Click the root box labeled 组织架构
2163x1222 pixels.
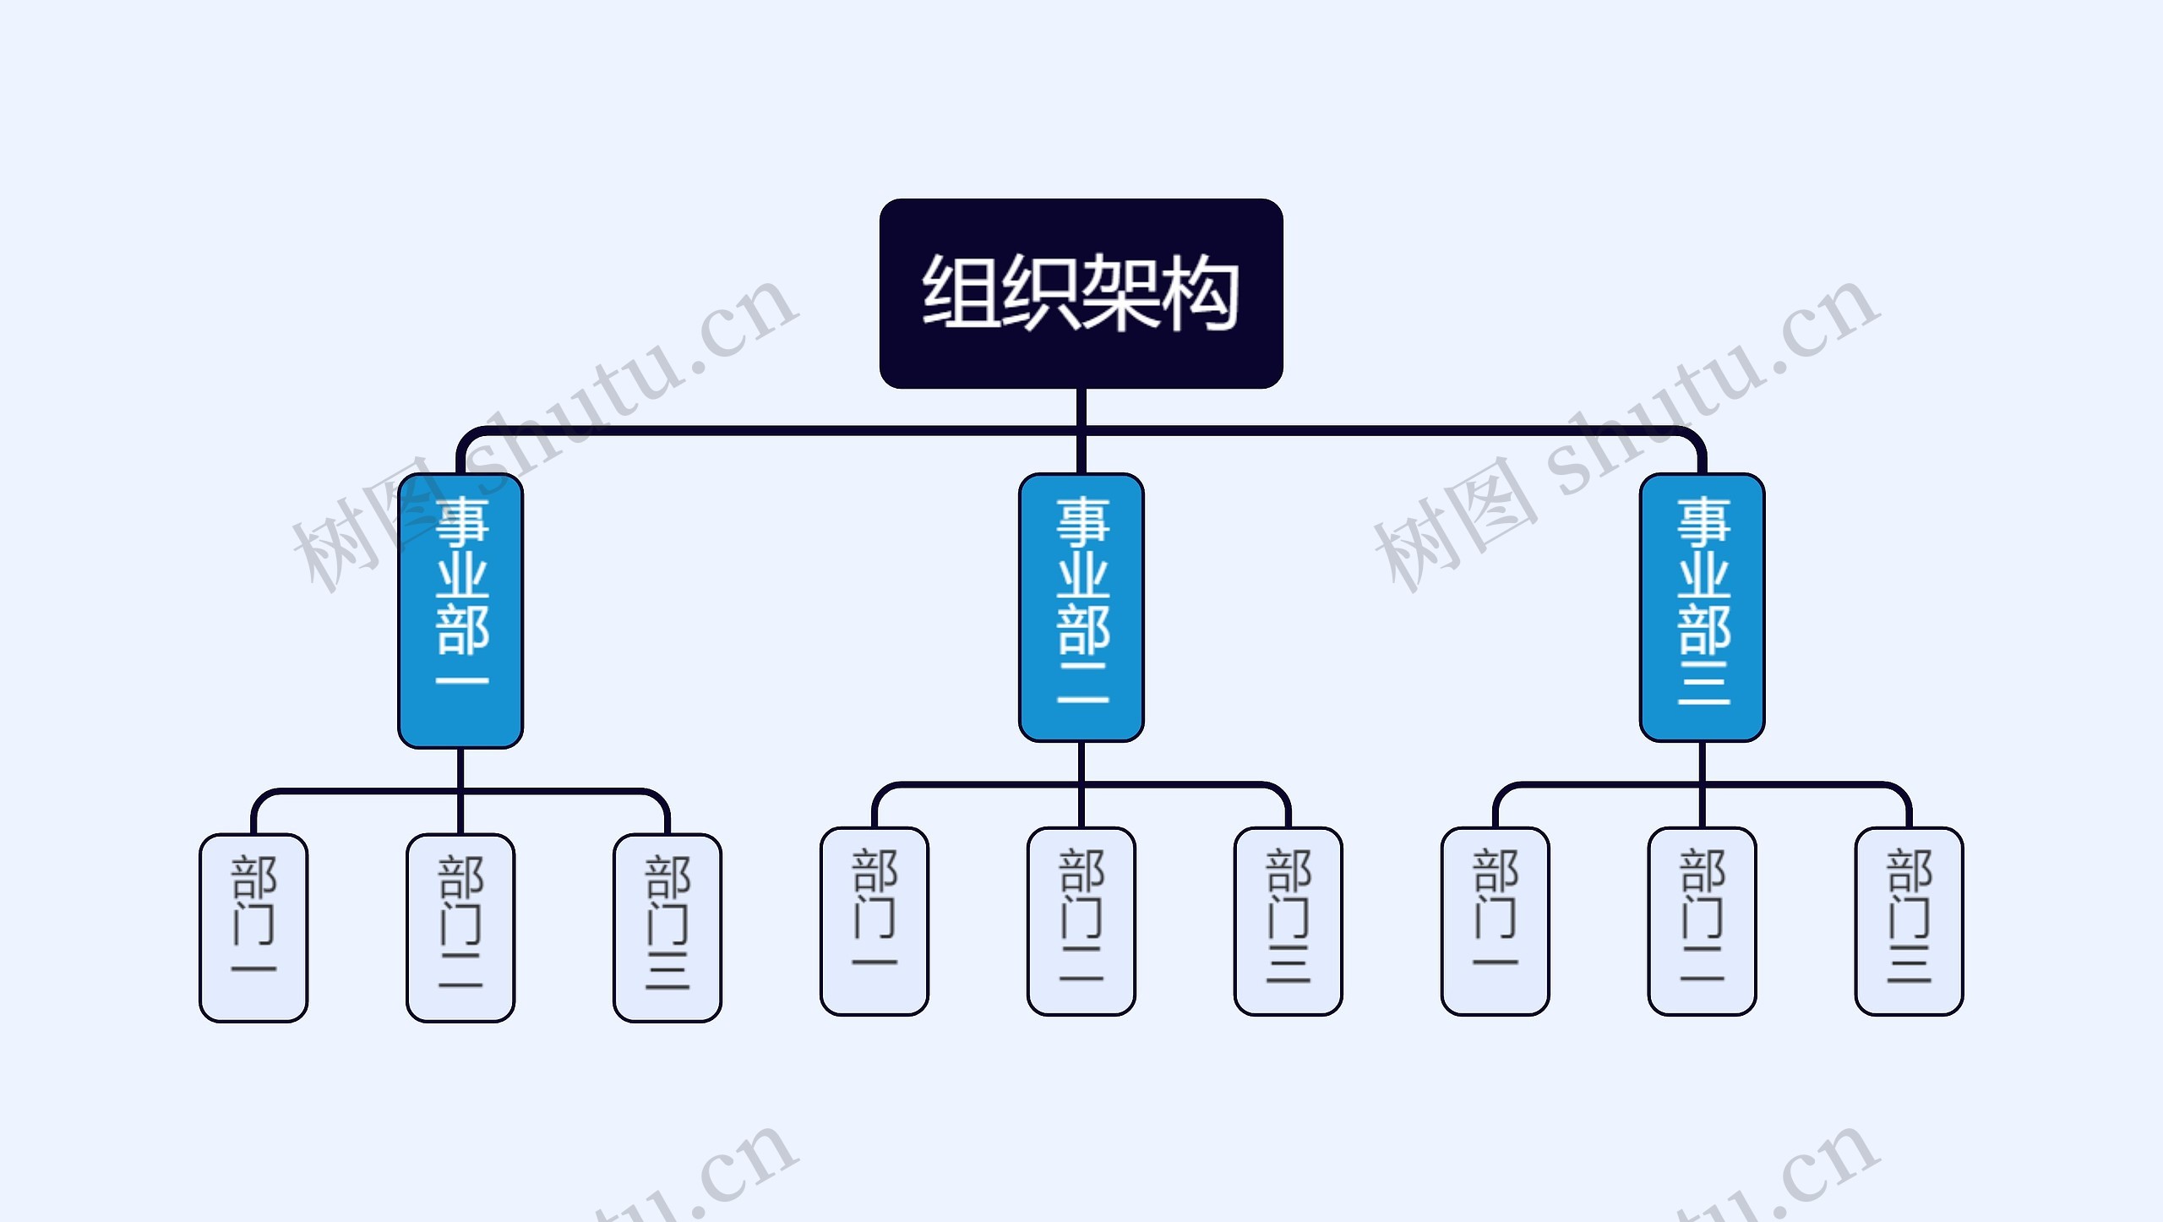pyautogui.click(x=1081, y=293)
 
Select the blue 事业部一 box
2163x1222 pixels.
pyautogui.click(x=460, y=610)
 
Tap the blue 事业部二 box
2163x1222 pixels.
pyautogui.click(x=1081, y=607)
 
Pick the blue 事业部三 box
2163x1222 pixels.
pyautogui.click(x=1702, y=607)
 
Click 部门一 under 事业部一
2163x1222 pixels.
pyautogui.click(x=253, y=927)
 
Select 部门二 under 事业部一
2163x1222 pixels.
pyautogui.click(x=460, y=927)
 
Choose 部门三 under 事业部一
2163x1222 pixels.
pyautogui.click(x=667, y=927)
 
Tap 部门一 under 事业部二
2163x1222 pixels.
pyautogui.click(x=874, y=920)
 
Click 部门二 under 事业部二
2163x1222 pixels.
pyautogui.click(x=1081, y=920)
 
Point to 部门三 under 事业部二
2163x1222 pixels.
pyautogui.click(x=1288, y=920)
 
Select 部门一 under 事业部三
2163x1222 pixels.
pyautogui.click(x=1495, y=920)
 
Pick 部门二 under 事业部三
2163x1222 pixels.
pyautogui.click(x=1702, y=920)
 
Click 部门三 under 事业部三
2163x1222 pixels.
pyautogui.click(x=1909, y=920)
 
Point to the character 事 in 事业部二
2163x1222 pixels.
pyautogui.click(x=1082, y=521)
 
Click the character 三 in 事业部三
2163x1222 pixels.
pyautogui.click(x=1703, y=684)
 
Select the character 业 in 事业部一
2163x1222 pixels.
pyautogui.click(x=462, y=576)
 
